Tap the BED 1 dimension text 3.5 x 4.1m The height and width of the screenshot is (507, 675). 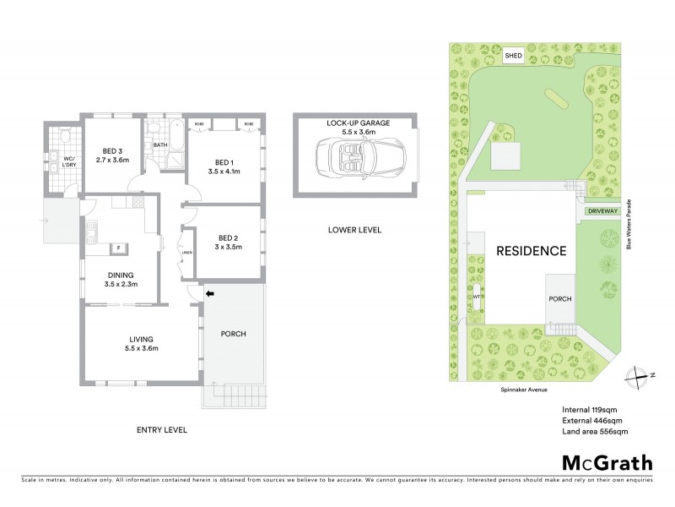pyautogui.click(x=224, y=169)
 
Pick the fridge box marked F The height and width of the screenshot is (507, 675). pyautogui.click(x=119, y=248)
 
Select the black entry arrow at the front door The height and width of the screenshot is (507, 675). pyautogui.click(x=210, y=293)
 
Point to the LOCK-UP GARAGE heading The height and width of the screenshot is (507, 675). pyautogui.click(x=358, y=123)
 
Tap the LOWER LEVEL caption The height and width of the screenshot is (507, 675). pyautogui.click(x=357, y=230)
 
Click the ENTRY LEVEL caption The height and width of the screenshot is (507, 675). pyautogui.click(x=161, y=430)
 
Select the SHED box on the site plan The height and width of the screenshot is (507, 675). pyautogui.click(x=513, y=56)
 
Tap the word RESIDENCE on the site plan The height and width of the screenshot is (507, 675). pyautogui.click(x=530, y=251)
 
